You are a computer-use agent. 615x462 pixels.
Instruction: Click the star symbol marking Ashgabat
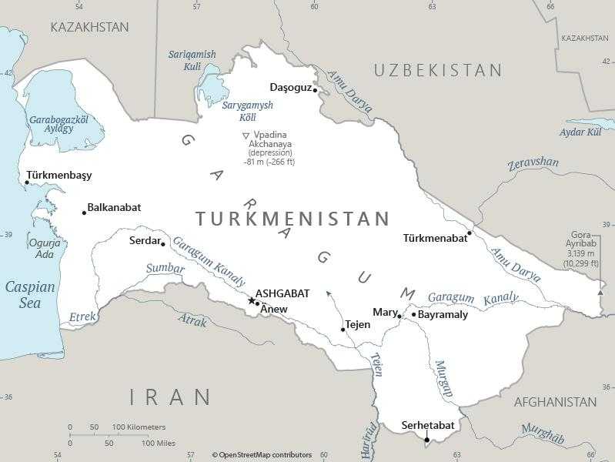coord(251,300)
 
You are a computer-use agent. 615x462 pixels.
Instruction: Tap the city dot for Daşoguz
coord(315,90)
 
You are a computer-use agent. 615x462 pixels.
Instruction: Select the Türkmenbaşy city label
coord(59,175)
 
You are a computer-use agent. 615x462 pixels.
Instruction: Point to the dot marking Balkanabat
coord(85,213)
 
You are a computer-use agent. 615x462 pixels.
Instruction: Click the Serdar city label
coord(144,241)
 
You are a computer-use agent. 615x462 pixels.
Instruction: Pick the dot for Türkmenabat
coord(470,233)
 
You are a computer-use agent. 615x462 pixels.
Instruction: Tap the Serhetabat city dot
coord(427,440)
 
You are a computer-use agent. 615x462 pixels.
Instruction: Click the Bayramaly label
coord(443,314)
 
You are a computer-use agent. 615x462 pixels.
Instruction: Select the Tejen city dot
coord(343,330)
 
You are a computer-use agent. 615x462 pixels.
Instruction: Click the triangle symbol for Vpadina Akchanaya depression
coord(246,136)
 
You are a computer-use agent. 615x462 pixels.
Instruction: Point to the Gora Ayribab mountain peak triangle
coord(600,293)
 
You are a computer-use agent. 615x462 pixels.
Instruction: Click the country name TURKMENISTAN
coord(292,219)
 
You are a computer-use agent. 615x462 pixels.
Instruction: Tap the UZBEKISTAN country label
coord(437,70)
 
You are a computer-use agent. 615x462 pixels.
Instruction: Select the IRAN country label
coord(170,397)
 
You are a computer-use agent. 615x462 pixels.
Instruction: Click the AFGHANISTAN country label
coord(554,402)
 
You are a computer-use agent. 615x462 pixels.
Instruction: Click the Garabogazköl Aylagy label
coord(58,124)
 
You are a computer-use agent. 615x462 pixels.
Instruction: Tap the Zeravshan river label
coord(533,162)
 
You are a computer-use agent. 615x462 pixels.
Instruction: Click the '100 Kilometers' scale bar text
coord(139,427)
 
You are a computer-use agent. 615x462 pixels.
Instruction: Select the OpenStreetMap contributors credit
coord(262,455)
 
